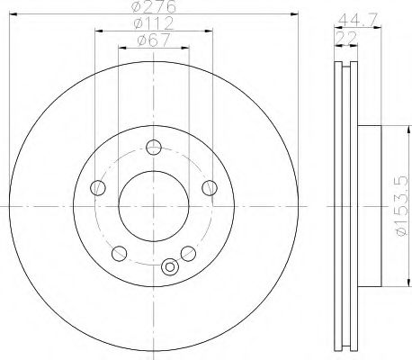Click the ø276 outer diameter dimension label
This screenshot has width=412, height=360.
154,6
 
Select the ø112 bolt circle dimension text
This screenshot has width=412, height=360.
154,23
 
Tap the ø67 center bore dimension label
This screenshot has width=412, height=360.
154,40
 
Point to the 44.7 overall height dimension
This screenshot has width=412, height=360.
359,20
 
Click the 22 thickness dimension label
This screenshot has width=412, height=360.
346,38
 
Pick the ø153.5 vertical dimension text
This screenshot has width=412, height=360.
402,206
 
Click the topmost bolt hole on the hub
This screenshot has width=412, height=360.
154,148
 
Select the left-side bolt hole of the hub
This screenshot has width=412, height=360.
98,188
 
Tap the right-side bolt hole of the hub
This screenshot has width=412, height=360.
210,188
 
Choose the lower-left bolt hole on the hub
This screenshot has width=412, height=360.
119,254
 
